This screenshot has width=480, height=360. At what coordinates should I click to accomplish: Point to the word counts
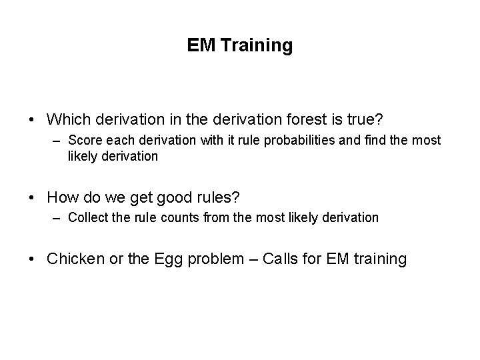click(176, 217)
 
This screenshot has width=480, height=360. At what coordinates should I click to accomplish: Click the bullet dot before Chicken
click(33, 259)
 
